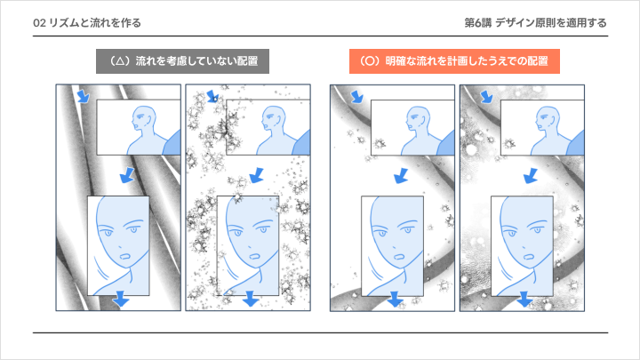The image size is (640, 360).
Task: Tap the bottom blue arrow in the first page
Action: [x=121, y=300]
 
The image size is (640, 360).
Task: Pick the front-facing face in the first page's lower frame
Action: [x=125, y=236]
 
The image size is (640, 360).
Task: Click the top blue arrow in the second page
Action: [x=212, y=96]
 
